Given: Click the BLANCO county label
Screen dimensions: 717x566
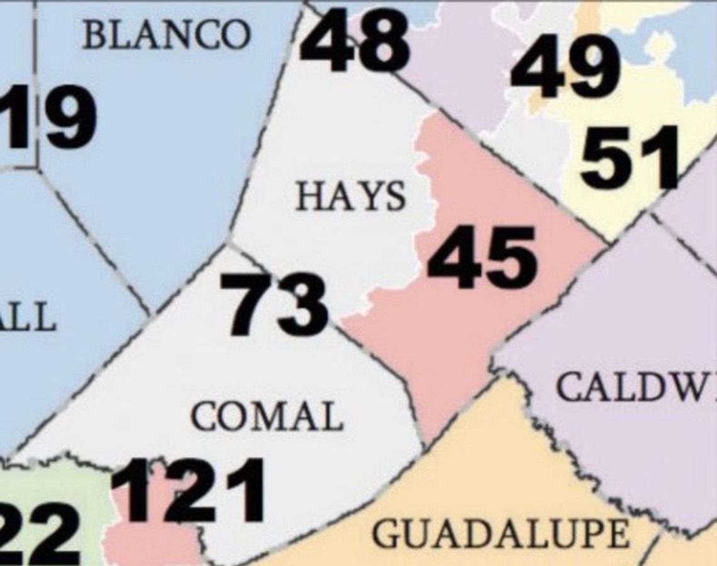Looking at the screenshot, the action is tap(166, 35).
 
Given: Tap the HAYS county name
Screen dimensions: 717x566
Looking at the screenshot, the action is tap(351, 196).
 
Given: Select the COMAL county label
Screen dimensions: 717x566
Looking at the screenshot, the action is tap(267, 416).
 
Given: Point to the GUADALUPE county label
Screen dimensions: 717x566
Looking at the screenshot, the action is tap(500, 535).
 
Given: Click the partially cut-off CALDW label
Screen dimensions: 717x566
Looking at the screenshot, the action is tap(635, 388).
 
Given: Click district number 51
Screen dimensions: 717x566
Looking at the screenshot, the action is tap(629, 157).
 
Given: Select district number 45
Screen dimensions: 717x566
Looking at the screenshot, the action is tap(482, 257).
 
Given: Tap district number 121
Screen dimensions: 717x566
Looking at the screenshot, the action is tap(188, 491).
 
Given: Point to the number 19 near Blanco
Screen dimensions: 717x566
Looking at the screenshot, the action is tap(50, 117).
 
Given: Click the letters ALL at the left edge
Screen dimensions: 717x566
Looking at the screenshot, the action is tap(28, 316).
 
